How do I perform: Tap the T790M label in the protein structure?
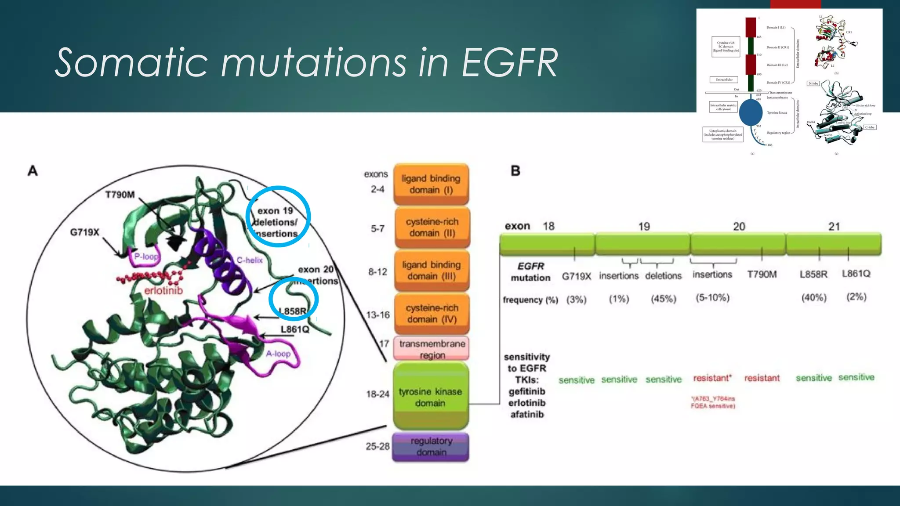(120, 195)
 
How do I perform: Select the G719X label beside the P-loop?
(85, 232)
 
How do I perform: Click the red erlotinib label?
(163, 290)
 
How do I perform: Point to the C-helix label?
(249, 260)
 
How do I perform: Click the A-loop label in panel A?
(278, 354)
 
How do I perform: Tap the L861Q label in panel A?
(295, 329)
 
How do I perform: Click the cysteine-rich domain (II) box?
(432, 228)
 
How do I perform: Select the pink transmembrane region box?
(432, 349)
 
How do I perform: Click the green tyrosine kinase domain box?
(431, 396)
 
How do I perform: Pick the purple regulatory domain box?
(431, 447)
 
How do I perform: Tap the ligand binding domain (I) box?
(431, 184)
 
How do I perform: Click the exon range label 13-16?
(377, 314)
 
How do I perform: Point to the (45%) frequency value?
(663, 299)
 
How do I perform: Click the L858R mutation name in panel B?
(813, 274)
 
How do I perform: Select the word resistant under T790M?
(762, 378)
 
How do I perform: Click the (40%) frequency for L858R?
(813, 297)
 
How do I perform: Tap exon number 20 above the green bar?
(739, 227)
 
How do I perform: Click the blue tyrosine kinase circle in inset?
(751, 112)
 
